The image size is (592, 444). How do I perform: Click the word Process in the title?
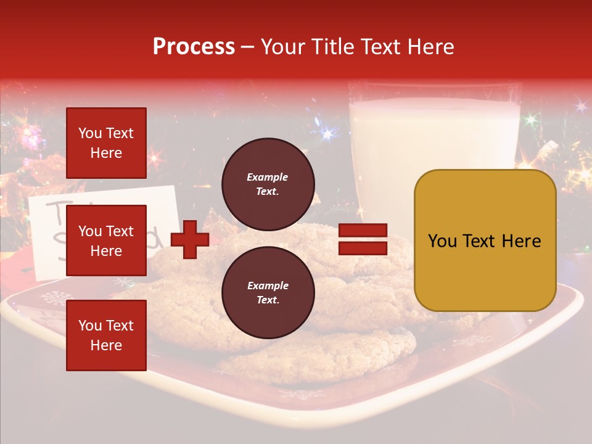[x=194, y=47]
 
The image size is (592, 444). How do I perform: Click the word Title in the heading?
[x=334, y=47]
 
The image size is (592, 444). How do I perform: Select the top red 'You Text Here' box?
[x=106, y=143]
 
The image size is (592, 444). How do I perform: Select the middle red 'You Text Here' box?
[x=106, y=240]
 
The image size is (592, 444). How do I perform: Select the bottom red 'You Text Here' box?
[x=106, y=335]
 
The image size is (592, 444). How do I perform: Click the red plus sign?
[x=190, y=240]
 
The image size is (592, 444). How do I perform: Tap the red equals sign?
[x=363, y=239]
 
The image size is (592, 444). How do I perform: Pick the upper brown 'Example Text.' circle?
[x=268, y=184]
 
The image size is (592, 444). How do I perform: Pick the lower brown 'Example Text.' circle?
[x=268, y=292]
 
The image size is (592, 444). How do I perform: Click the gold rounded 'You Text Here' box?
[x=485, y=240]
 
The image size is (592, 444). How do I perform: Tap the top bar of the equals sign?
[x=363, y=231]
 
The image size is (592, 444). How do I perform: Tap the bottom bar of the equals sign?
[x=363, y=248]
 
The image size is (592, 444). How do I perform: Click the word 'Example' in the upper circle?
[x=268, y=178]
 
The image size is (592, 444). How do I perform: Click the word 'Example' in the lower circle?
[x=268, y=286]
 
